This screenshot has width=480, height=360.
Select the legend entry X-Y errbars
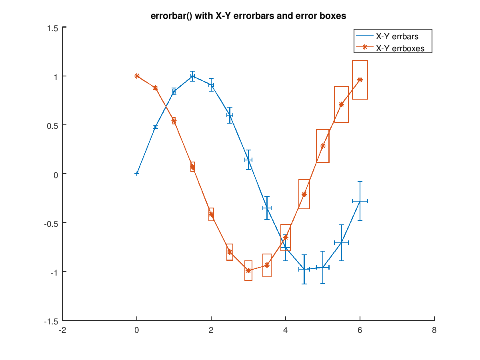pyautogui.click(x=397, y=36)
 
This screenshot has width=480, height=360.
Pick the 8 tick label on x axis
pyautogui.click(x=434, y=330)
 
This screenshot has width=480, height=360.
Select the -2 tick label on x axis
pyautogui.click(x=62, y=330)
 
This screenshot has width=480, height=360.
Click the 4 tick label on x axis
pyautogui.click(x=286, y=330)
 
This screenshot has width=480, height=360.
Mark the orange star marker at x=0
pyautogui.click(x=137, y=76)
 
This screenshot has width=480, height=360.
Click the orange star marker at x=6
pyautogui.click(x=360, y=80)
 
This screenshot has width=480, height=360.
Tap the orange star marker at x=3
pyautogui.click(x=248, y=270)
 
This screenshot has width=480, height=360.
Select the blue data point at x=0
pyautogui.click(x=137, y=174)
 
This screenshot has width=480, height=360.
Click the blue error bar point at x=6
pyautogui.click(x=360, y=201)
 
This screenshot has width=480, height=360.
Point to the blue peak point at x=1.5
pyautogui.click(x=192, y=76)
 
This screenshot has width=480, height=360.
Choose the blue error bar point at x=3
pyautogui.click(x=248, y=160)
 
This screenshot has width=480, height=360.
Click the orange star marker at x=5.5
pyautogui.click(x=341, y=104)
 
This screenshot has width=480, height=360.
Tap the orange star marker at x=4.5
pyautogui.click(x=304, y=194)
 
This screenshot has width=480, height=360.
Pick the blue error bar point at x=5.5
pyautogui.click(x=341, y=242)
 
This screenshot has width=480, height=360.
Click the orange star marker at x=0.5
pyautogui.click(x=155, y=88)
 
